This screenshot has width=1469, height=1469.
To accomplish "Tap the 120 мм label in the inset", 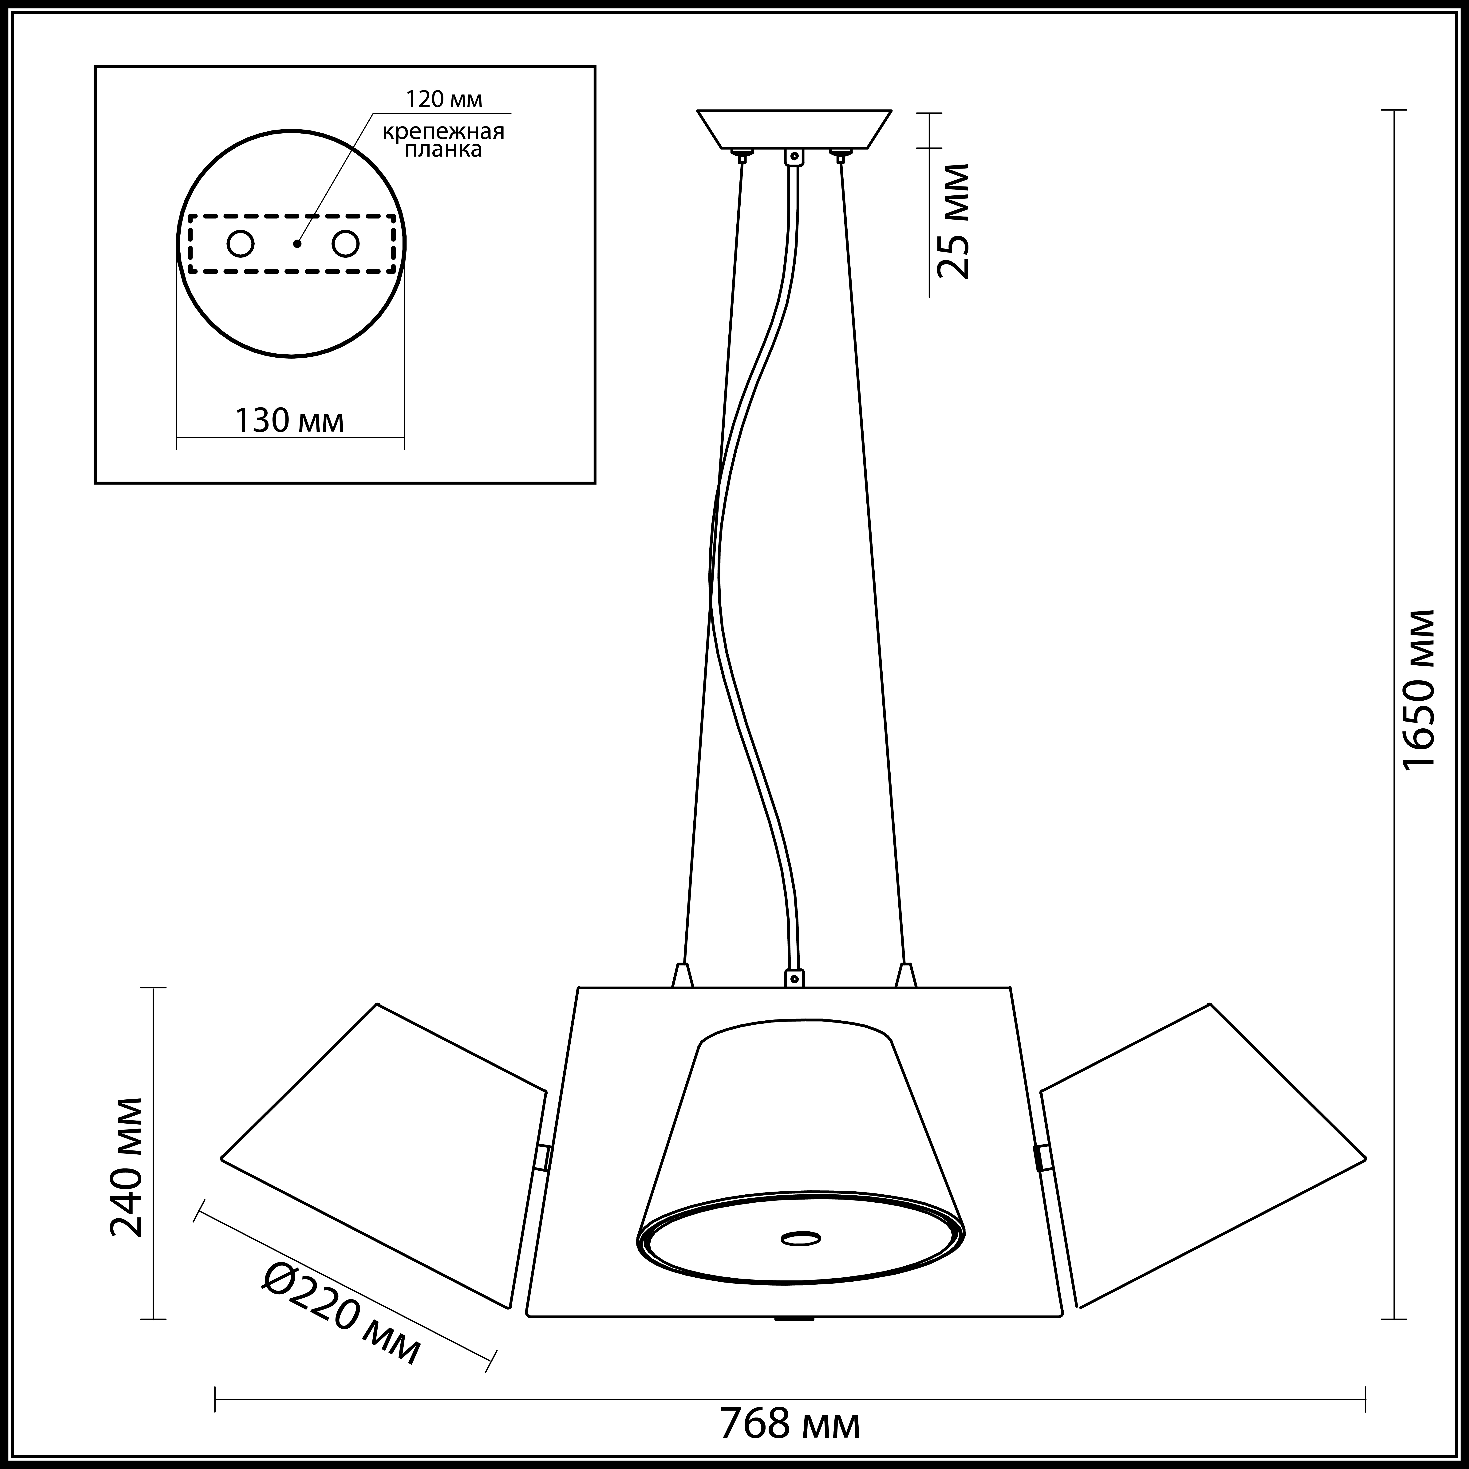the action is pyautogui.click(x=444, y=99).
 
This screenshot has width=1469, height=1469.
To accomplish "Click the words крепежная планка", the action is pyautogui.click(x=443, y=140).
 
